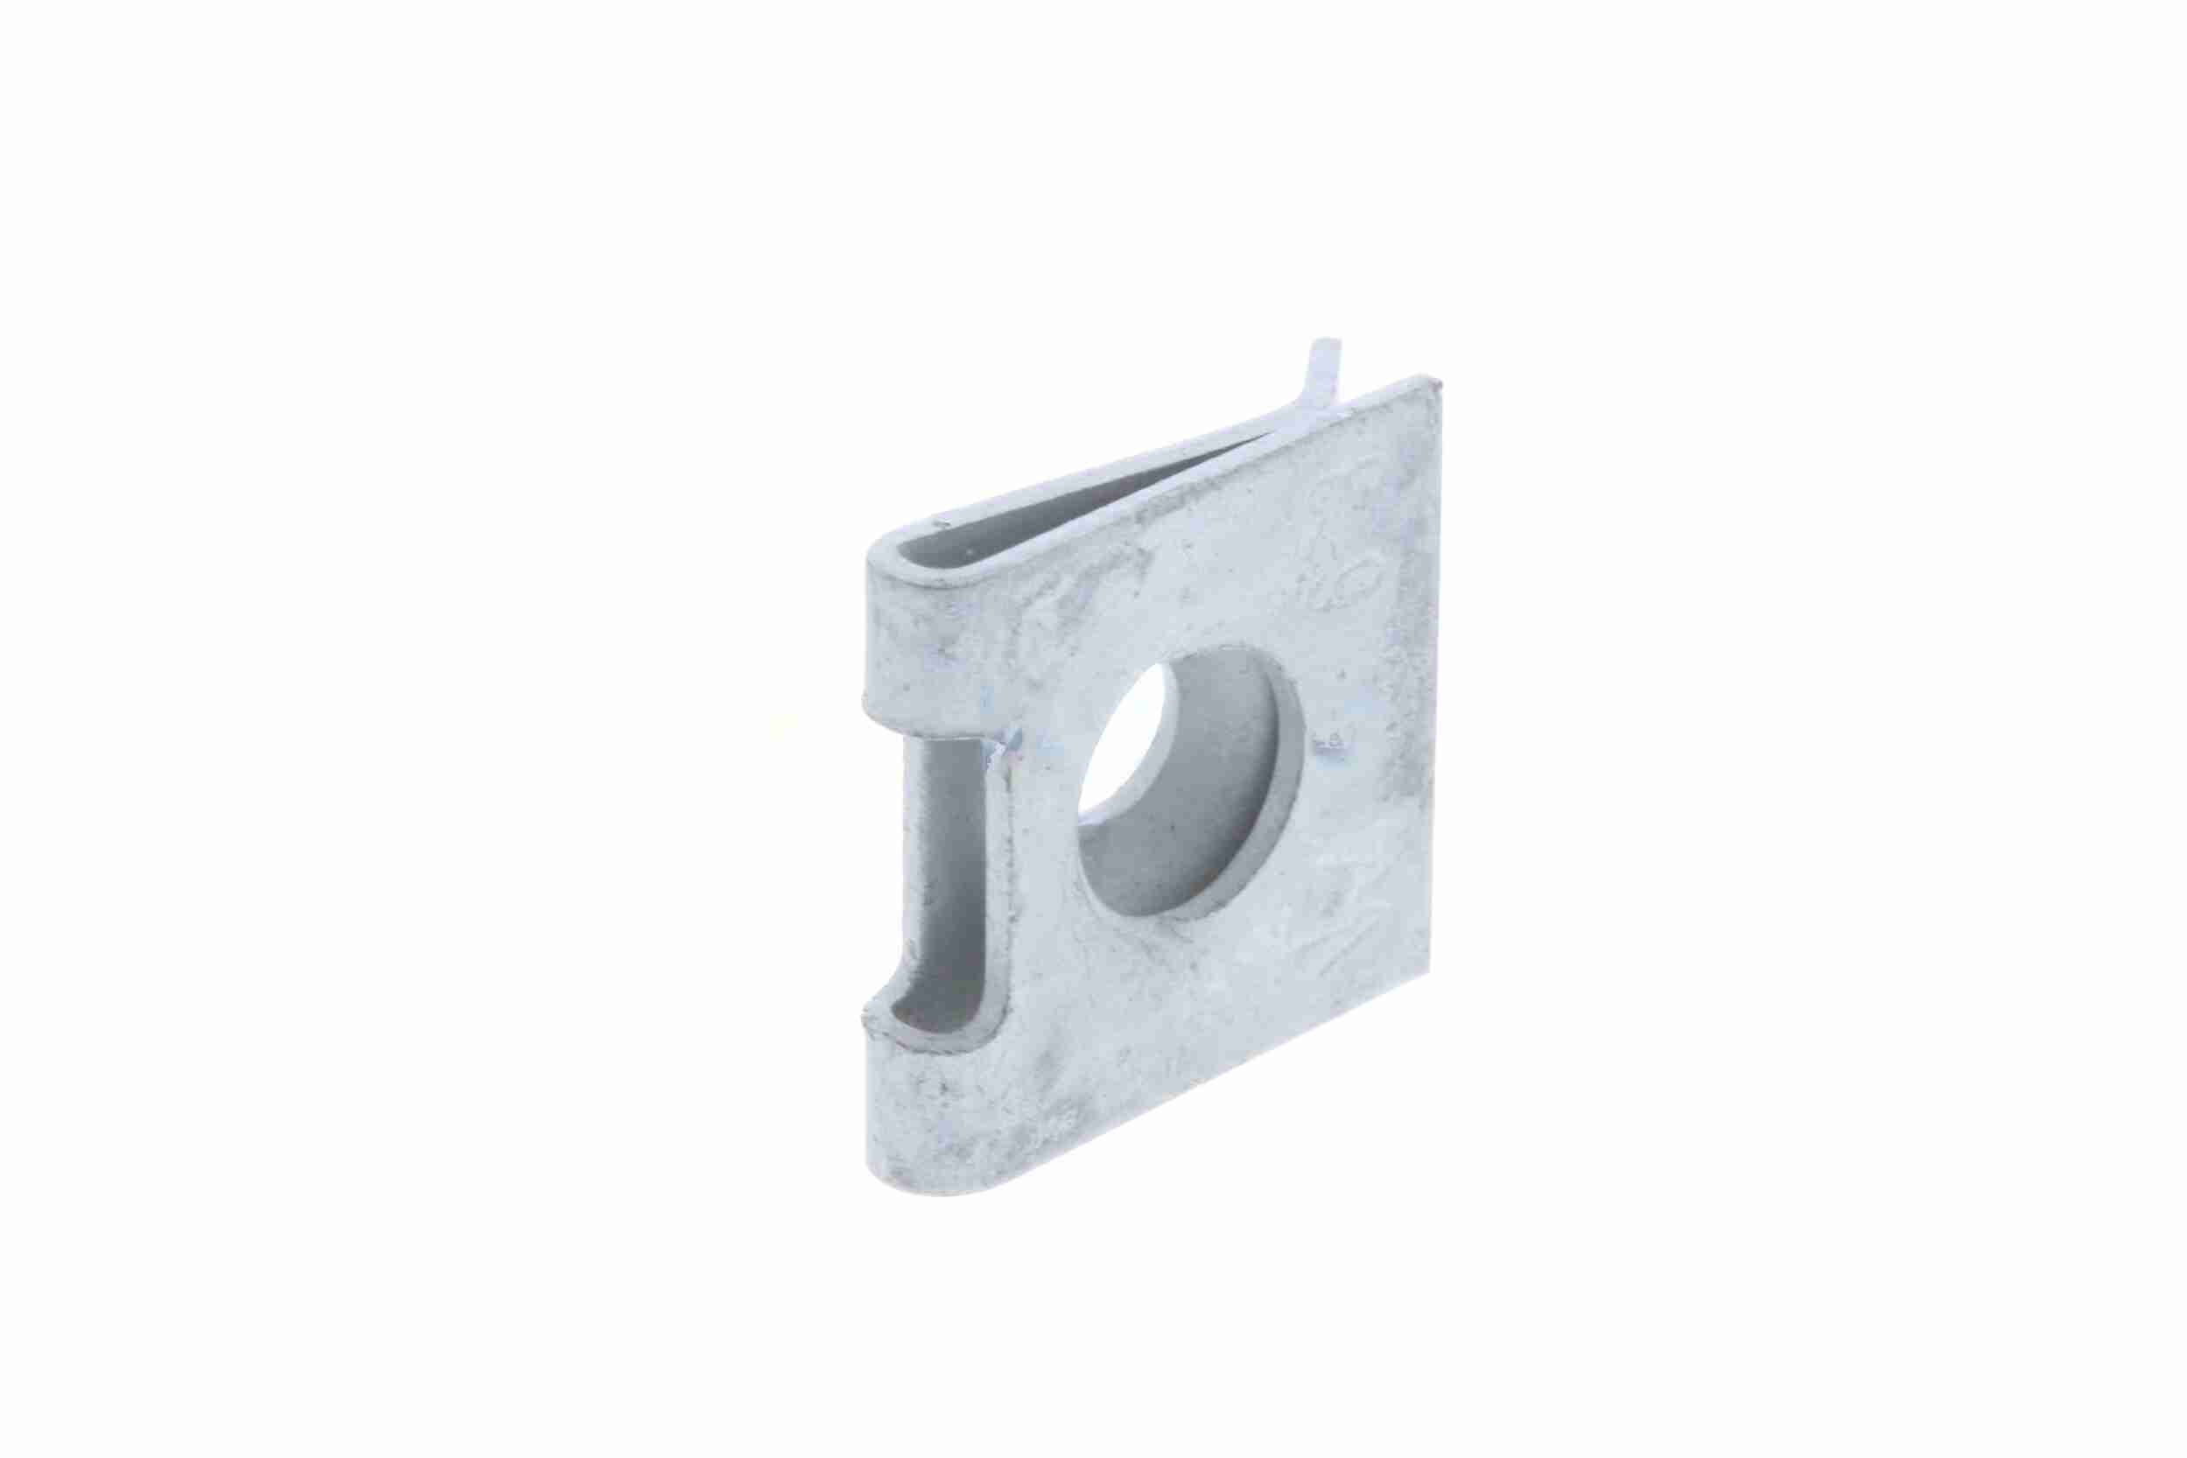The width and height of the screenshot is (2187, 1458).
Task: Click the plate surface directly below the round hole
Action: pos(1200,985)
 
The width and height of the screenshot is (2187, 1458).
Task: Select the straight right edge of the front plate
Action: pos(1432,669)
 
